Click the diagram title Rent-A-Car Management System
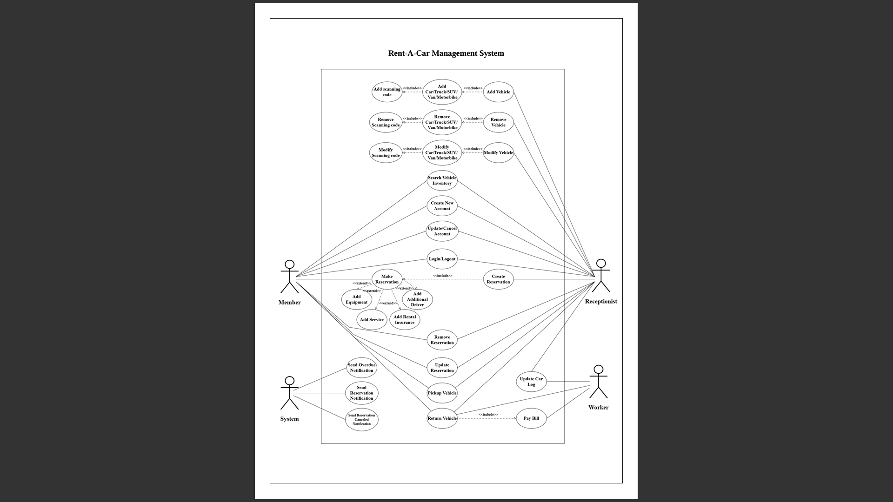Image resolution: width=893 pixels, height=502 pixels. (446, 53)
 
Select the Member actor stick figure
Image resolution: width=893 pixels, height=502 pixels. (289, 277)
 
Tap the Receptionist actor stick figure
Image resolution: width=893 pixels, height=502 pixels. (601, 276)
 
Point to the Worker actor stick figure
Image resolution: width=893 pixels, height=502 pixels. (598, 382)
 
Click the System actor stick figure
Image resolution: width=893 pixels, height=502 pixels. (289, 393)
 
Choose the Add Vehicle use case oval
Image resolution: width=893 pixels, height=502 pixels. (498, 92)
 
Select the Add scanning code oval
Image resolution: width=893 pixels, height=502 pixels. (387, 92)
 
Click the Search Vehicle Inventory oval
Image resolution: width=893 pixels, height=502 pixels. (442, 181)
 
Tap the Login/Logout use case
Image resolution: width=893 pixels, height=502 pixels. (442, 259)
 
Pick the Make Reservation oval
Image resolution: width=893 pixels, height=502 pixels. (387, 279)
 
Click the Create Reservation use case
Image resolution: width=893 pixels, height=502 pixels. (498, 279)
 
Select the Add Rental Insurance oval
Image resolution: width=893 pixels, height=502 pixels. (405, 320)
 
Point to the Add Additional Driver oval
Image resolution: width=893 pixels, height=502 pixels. (417, 299)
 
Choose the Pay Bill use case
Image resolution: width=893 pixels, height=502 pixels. (531, 418)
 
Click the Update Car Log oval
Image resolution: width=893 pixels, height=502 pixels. (531, 382)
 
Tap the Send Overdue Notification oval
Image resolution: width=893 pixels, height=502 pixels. (361, 368)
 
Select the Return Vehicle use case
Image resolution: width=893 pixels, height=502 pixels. (442, 418)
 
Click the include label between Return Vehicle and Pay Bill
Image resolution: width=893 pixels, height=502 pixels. (488, 415)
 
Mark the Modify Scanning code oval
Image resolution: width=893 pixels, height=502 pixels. (386, 152)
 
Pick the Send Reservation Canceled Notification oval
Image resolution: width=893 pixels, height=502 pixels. (361, 420)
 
